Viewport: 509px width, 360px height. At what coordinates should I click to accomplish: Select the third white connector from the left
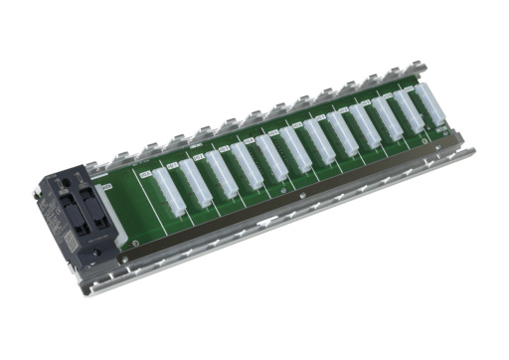point(221,170)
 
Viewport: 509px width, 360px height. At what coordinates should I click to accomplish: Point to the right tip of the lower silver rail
point(473,152)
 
